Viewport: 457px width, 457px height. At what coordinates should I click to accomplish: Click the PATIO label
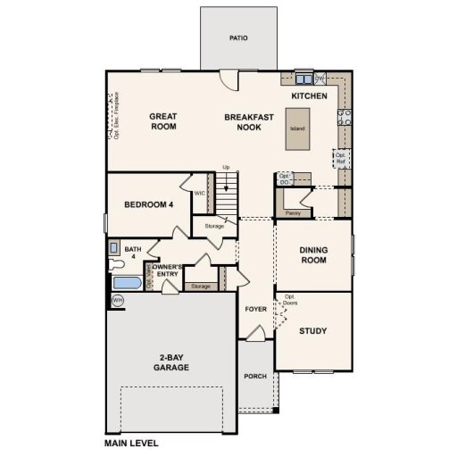click(x=237, y=38)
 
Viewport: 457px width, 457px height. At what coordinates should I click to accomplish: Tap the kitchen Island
click(x=297, y=128)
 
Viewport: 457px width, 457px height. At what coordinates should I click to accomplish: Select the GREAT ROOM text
click(x=162, y=121)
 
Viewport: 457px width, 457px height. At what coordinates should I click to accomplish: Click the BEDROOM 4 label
click(x=148, y=204)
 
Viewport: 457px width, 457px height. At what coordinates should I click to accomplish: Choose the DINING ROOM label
click(x=313, y=255)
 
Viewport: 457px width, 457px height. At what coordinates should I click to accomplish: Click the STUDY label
click(x=312, y=331)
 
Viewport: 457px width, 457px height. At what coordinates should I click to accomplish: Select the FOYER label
click(x=256, y=309)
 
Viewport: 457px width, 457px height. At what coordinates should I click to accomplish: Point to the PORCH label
click(x=256, y=376)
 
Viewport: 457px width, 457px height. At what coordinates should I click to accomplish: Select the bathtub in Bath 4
click(x=127, y=283)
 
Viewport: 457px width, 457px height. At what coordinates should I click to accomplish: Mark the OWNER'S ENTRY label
click(x=168, y=271)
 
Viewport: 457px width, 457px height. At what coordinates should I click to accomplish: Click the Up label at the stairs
click(x=226, y=167)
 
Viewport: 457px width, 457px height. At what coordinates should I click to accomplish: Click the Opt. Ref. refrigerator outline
click(x=340, y=158)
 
